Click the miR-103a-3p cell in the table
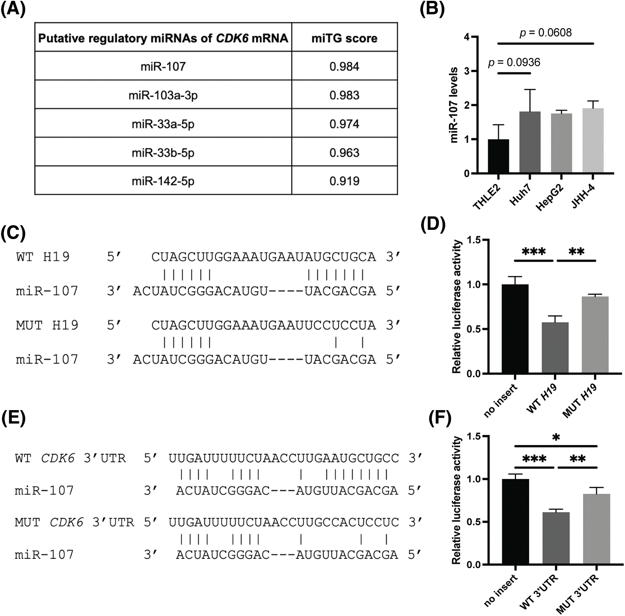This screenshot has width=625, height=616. [163, 95]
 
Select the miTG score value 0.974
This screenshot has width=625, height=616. [344, 124]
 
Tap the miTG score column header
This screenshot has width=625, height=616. [344, 38]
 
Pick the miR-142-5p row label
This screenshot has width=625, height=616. [163, 181]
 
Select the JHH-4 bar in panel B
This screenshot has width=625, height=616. [593, 141]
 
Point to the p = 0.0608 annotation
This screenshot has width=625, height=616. [546, 32]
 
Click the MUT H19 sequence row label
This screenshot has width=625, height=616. [47, 325]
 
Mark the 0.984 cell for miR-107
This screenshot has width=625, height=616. [344, 67]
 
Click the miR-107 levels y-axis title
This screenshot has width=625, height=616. [454, 105]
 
